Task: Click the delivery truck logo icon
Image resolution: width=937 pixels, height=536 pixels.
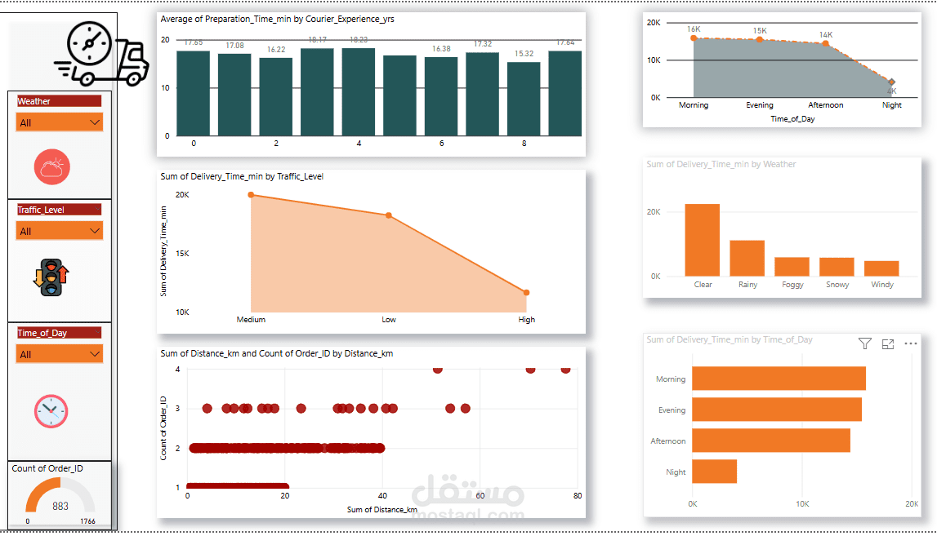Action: [x=102, y=54]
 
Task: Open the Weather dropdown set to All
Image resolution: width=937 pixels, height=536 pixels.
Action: [x=60, y=122]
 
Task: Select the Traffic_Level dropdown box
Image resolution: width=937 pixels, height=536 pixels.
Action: [x=60, y=231]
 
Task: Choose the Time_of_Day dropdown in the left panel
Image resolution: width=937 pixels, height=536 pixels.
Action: [x=60, y=354]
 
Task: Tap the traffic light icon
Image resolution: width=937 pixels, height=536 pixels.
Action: [x=51, y=277]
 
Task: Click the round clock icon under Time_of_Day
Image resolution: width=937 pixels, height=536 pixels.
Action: [x=51, y=410]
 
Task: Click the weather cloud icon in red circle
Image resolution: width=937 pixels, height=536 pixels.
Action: [x=51, y=168]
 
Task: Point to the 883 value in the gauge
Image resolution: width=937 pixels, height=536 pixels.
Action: [x=60, y=506]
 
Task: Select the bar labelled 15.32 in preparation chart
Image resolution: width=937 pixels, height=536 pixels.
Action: [x=523, y=98]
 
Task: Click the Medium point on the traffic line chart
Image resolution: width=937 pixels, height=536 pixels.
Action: [x=251, y=195]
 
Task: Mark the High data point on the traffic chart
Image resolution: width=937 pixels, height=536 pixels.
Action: [x=526, y=292]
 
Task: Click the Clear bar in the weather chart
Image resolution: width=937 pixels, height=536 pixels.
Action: [x=702, y=240]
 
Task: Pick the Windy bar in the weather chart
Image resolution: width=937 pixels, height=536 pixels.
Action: [x=881, y=268]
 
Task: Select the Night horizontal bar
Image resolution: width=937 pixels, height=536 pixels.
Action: [x=715, y=472]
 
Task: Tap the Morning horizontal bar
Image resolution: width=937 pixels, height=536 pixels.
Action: [x=779, y=379]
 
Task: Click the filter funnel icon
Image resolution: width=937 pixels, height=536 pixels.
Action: [x=865, y=344]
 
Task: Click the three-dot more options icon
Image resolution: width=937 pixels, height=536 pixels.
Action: [x=911, y=344]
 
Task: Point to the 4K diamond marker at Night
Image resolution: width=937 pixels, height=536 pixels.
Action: [x=891, y=82]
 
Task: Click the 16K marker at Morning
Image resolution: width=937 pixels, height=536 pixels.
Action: [x=694, y=38]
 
